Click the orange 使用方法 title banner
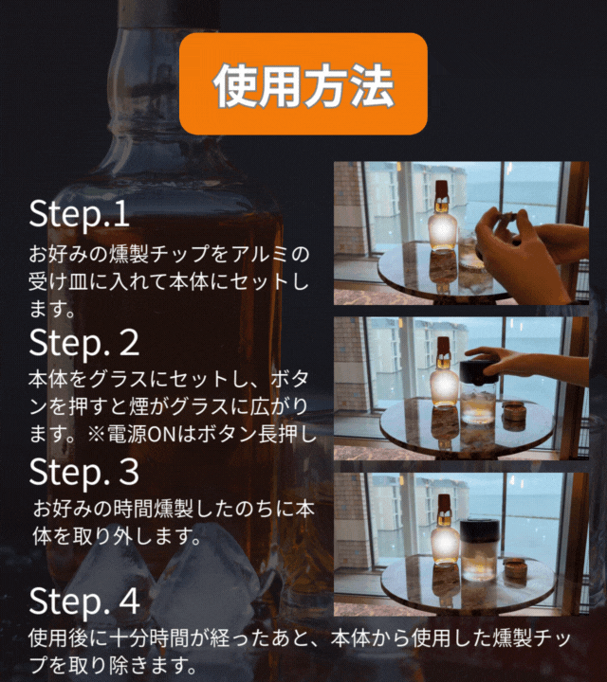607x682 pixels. pos(303,83)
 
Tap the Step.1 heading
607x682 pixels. pos(80,213)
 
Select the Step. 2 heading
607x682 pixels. pos(84,342)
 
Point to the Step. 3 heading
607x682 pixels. pos(84,472)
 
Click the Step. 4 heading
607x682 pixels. pos(84,601)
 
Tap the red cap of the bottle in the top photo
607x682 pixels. pos(442,190)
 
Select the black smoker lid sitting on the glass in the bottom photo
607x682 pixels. pos(478,531)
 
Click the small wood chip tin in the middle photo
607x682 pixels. pos(513,410)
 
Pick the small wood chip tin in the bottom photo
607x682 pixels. pos(515,568)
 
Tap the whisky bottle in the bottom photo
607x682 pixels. pos(444,530)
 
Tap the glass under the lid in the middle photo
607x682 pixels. pos(478,404)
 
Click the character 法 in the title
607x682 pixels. pos(373,85)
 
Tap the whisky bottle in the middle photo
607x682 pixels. pos(443,372)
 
